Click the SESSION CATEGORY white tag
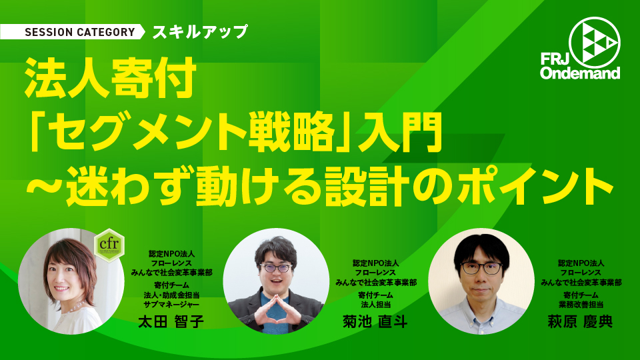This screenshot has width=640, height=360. click(x=72, y=32)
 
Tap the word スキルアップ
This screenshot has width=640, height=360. click(x=200, y=32)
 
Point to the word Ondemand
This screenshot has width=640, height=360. click(x=581, y=73)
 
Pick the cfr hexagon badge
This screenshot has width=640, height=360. click(x=109, y=245)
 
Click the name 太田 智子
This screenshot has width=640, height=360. click(x=171, y=321)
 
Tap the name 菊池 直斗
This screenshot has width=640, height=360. click(x=375, y=321)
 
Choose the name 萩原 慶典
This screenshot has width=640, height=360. click(x=581, y=321)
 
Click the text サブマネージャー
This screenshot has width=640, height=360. click(x=171, y=305)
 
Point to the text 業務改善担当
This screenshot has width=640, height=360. click(x=581, y=305)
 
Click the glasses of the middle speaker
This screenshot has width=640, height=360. click(x=276, y=268)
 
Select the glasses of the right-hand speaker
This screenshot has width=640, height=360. click(x=481, y=268)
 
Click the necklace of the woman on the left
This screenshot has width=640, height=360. click(x=71, y=308)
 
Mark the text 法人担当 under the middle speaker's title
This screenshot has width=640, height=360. click(x=376, y=305)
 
